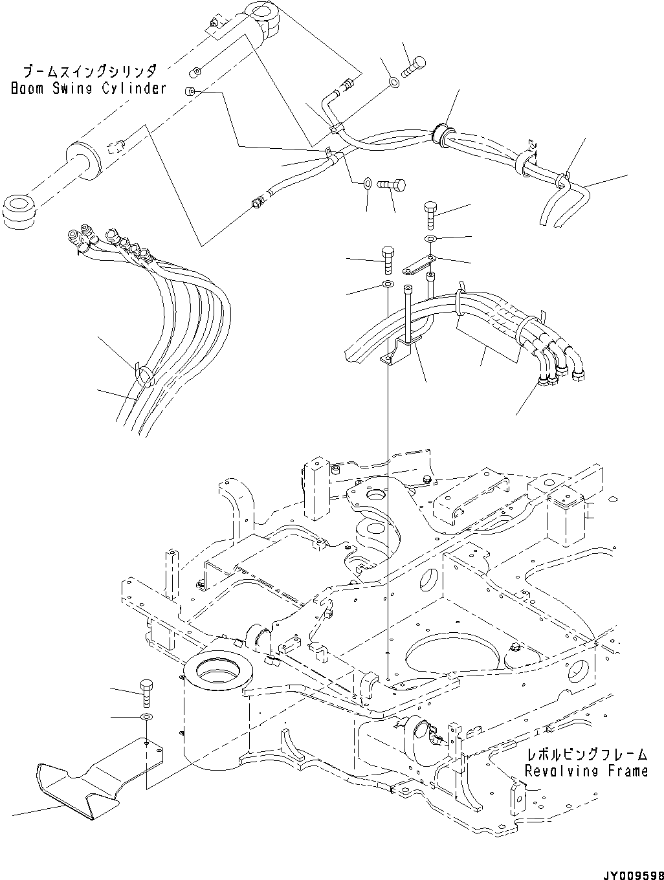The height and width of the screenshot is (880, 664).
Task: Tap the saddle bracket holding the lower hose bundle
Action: coord(398,353)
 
